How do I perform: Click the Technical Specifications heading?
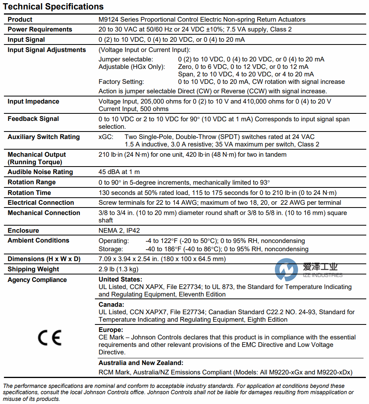click(x=53, y=7)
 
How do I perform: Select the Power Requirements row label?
click(x=40, y=30)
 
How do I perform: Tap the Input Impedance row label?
click(x=33, y=102)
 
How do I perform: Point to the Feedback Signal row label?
click(x=33, y=119)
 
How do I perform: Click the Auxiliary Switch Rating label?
click(x=44, y=137)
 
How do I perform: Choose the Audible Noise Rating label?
click(x=40, y=172)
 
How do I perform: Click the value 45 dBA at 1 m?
click(x=119, y=172)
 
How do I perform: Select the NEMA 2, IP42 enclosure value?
click(x=117, y=231)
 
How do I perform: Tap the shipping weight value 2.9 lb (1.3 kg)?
click(x=118, y=269)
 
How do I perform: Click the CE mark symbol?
click(x=50, y=338)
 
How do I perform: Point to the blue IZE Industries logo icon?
click(x=286, y=270)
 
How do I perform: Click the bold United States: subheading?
click(x=120, y=280)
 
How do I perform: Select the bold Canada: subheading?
click(x=111, y=305)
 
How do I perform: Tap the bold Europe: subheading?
click(x=111, y=330)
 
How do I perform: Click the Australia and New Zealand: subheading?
click(x=141, y=363)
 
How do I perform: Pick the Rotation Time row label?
click(x=30, y=193)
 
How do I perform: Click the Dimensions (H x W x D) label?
click(x=44, y=259)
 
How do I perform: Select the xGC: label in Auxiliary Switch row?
click(x=106, y=137)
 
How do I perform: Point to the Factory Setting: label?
click(x=121, y=82)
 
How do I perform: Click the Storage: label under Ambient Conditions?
click(x=111, y=249)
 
